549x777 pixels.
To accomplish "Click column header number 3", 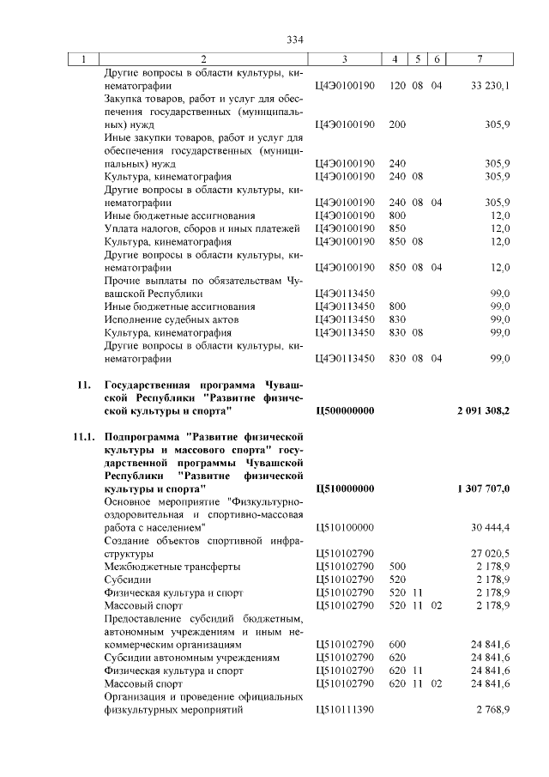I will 344,58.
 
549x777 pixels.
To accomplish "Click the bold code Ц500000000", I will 346,411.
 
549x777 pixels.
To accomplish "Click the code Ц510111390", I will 346,711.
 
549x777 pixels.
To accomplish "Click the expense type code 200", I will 397,124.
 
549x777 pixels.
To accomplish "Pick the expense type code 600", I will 397,644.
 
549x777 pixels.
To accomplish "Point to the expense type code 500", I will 397,567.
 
